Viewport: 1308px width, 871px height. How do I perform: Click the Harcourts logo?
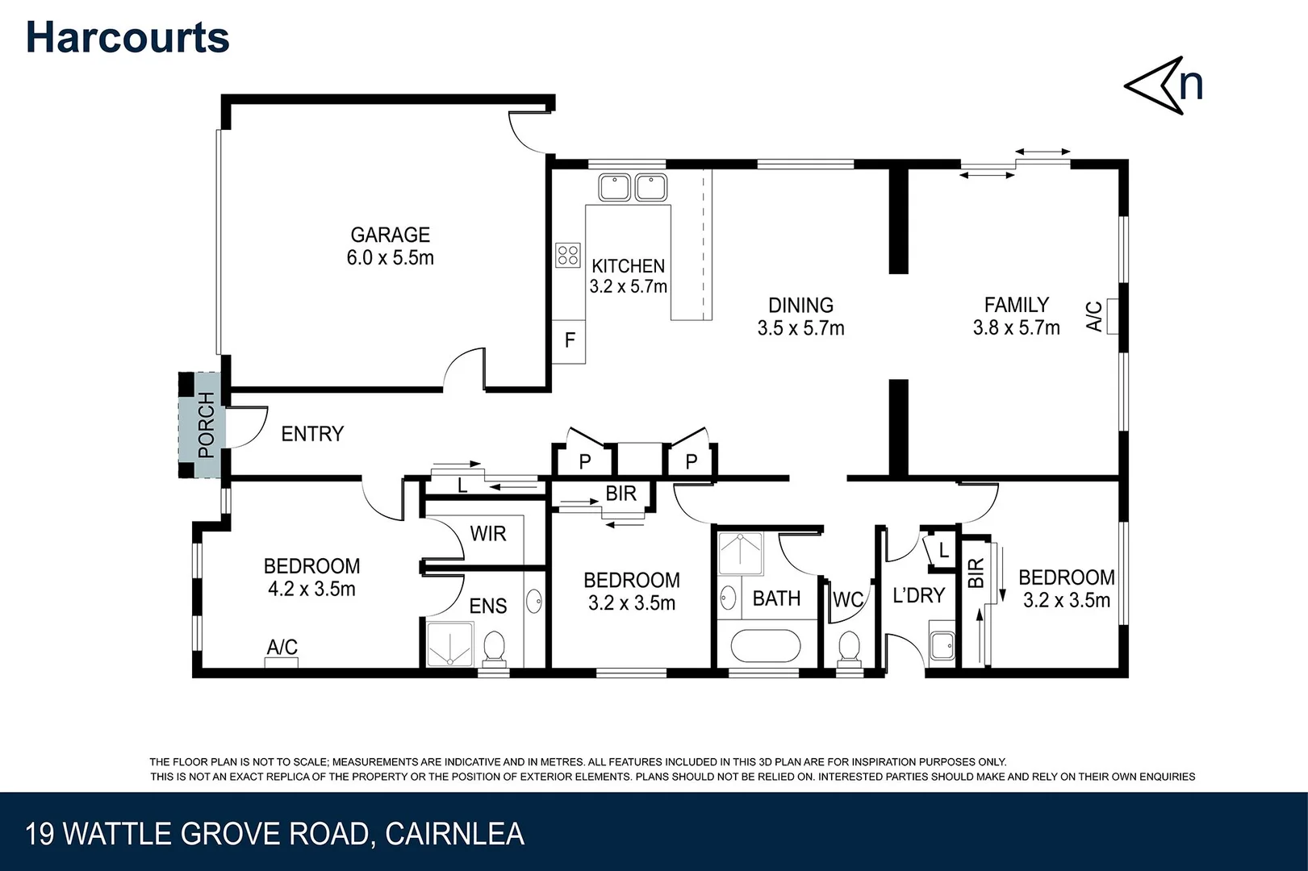pyautogui.click(x=127, y=37)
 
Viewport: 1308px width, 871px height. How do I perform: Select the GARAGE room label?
pyautogui.click(x=390, y=235)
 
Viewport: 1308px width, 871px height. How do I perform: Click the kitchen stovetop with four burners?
pyautogui.click(x=567, y=255)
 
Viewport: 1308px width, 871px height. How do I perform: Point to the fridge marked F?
pyautogui.click(x=569, y=341)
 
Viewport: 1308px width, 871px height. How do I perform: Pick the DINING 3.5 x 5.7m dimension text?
pyautogui.click(x=800, y=328)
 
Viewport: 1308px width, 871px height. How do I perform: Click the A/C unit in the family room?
pyautogui.click(x=1113, y=316)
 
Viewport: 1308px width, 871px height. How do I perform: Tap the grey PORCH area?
pyautogui.click(x=199, y=425)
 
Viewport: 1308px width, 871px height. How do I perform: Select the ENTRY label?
pyautogui.click(x=312, y=434)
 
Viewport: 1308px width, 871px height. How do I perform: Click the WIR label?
pyautogui.click(x=488, y=534)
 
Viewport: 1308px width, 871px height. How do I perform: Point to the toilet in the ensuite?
pyautogui.click(x=495, y=648)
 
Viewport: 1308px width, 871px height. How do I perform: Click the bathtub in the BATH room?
pyautogui.click(x=764, y=646)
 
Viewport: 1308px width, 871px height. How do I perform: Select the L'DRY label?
pyautogui.click(x=918, y=595)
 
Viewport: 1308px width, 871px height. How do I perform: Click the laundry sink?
pyautogui.click(x=942, y=645)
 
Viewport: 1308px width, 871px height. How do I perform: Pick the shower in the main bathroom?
pyautogui.click(x=741, y=553)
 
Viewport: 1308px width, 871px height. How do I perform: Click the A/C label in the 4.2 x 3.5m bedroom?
pyautogui.click(x=282, y=647)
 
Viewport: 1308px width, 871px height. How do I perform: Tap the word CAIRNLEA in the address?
pyautogui.click(x=454, y=834)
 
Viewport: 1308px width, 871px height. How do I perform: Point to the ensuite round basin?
pyautogui.click(x=533, y=601)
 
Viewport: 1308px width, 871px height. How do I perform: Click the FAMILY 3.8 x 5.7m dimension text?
pyautogui.click(x=1016, y=327)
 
